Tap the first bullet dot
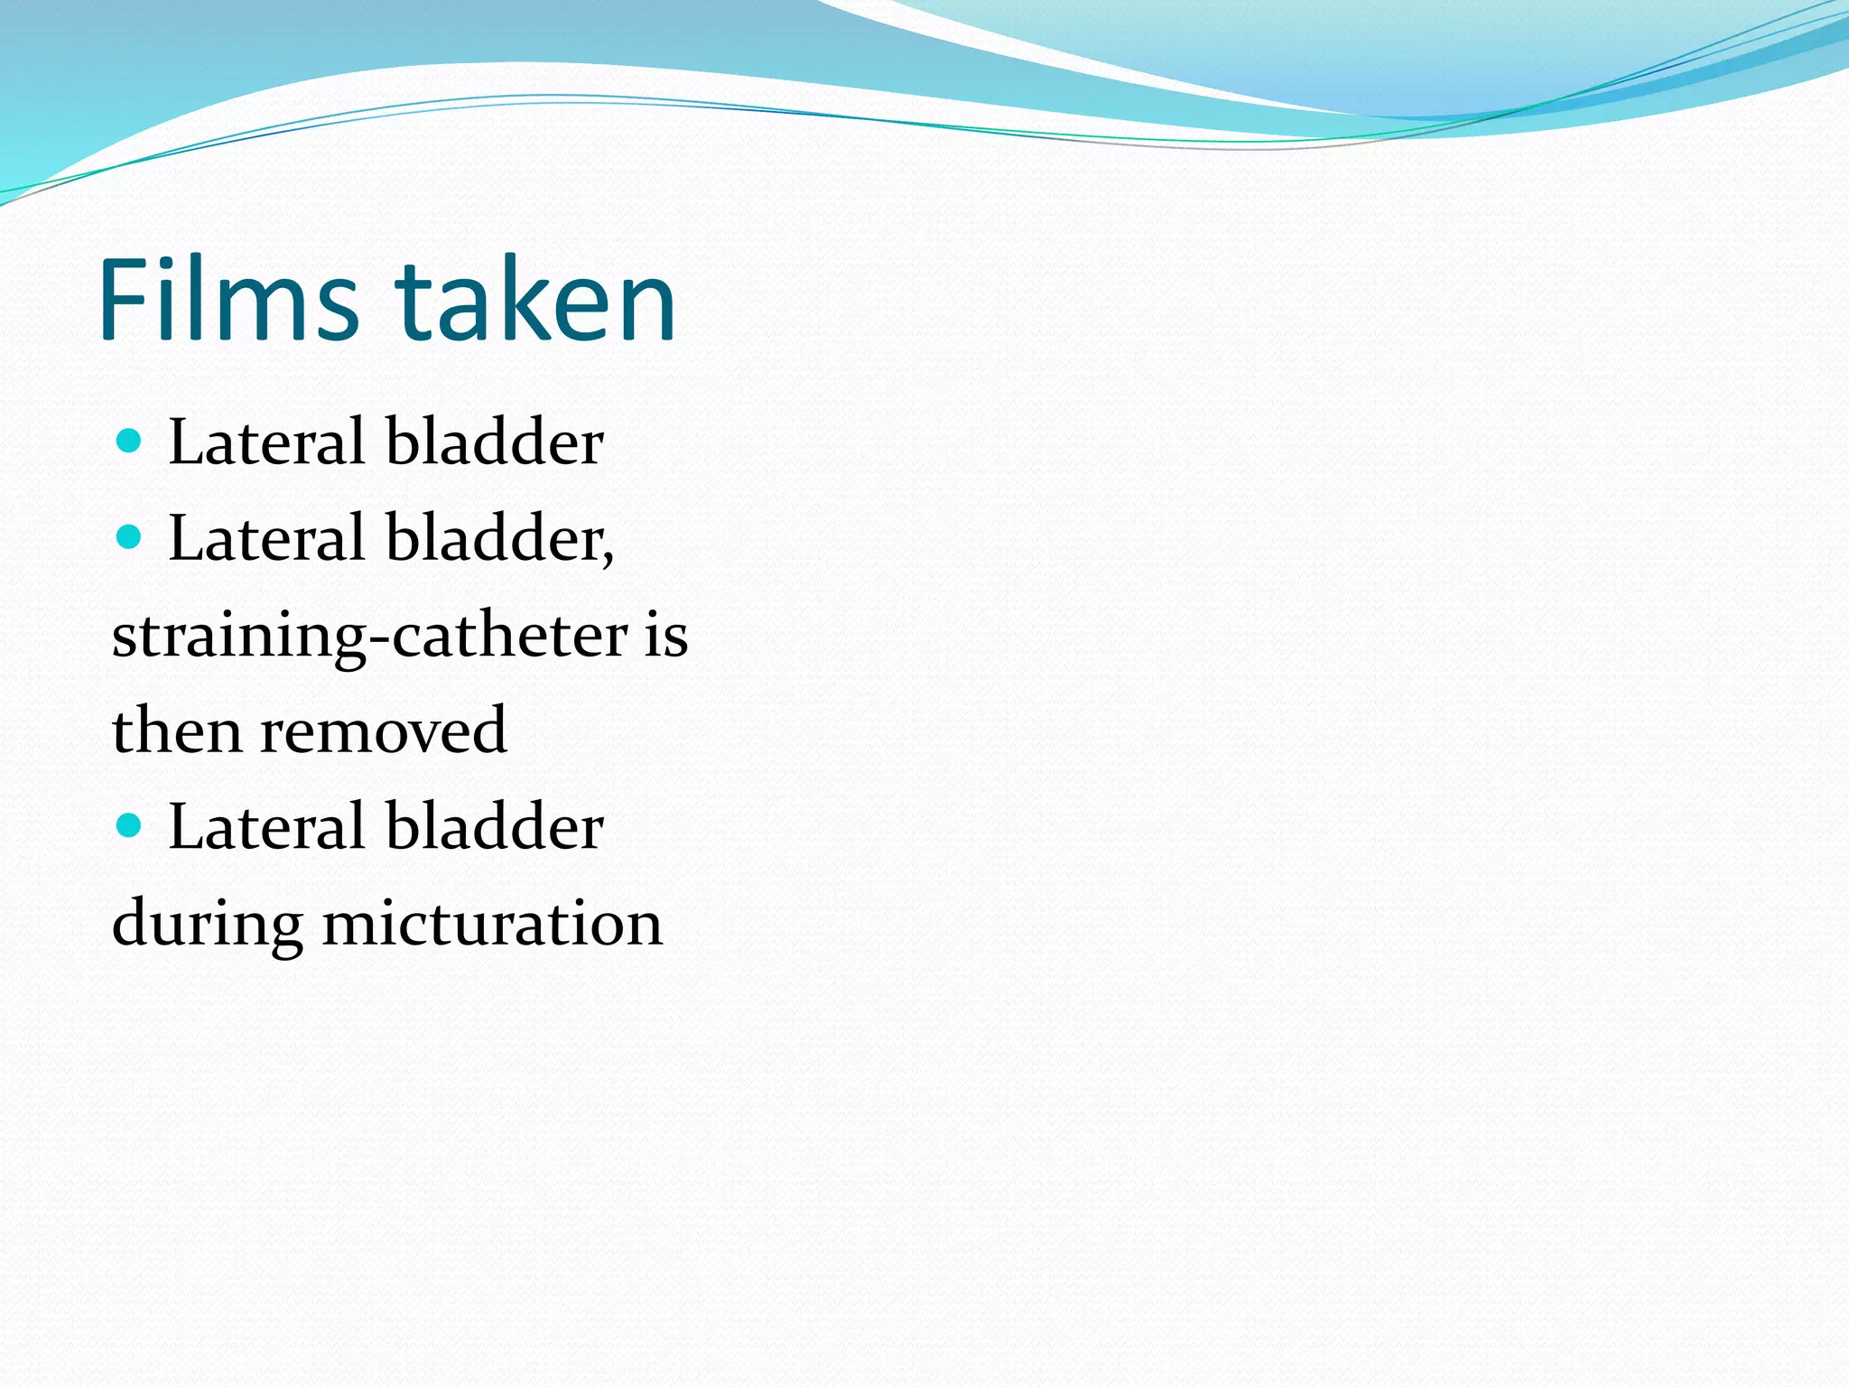(x=130, y=441)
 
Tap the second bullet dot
(x=130, y=537)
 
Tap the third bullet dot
(x=130, y=824)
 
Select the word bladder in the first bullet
(x=495, y=442)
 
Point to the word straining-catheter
(x=369, y=636)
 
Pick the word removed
(x=384, y=731)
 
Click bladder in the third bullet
(x=495, y=827)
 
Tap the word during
(x=207, y=925)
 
